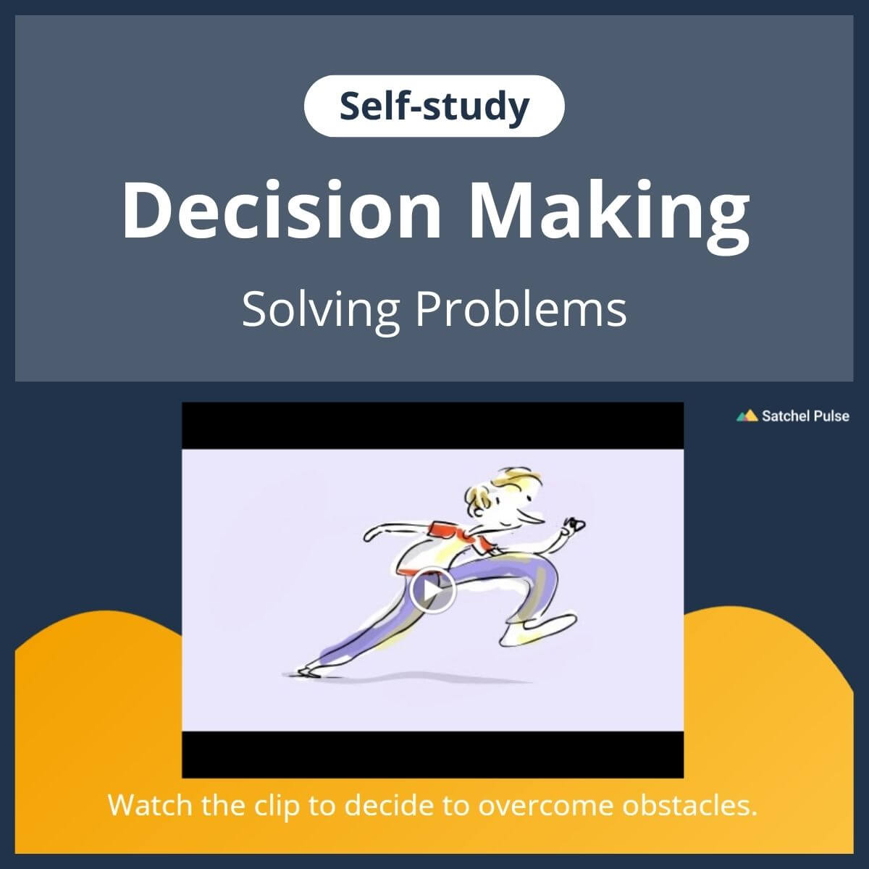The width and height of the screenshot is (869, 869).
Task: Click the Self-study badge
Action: [x=434, y=106]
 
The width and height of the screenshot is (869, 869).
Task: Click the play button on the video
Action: [x=432, y=591]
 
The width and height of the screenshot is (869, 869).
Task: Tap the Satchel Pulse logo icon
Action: [x=747, y=416]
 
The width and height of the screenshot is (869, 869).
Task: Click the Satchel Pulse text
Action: [x=805, y=416]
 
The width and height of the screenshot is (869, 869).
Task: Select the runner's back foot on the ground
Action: [x=308, y=671]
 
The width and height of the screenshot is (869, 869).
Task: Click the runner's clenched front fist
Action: [x=576, y=524]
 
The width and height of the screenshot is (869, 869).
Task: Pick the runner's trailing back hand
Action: [x=371, y=535]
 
